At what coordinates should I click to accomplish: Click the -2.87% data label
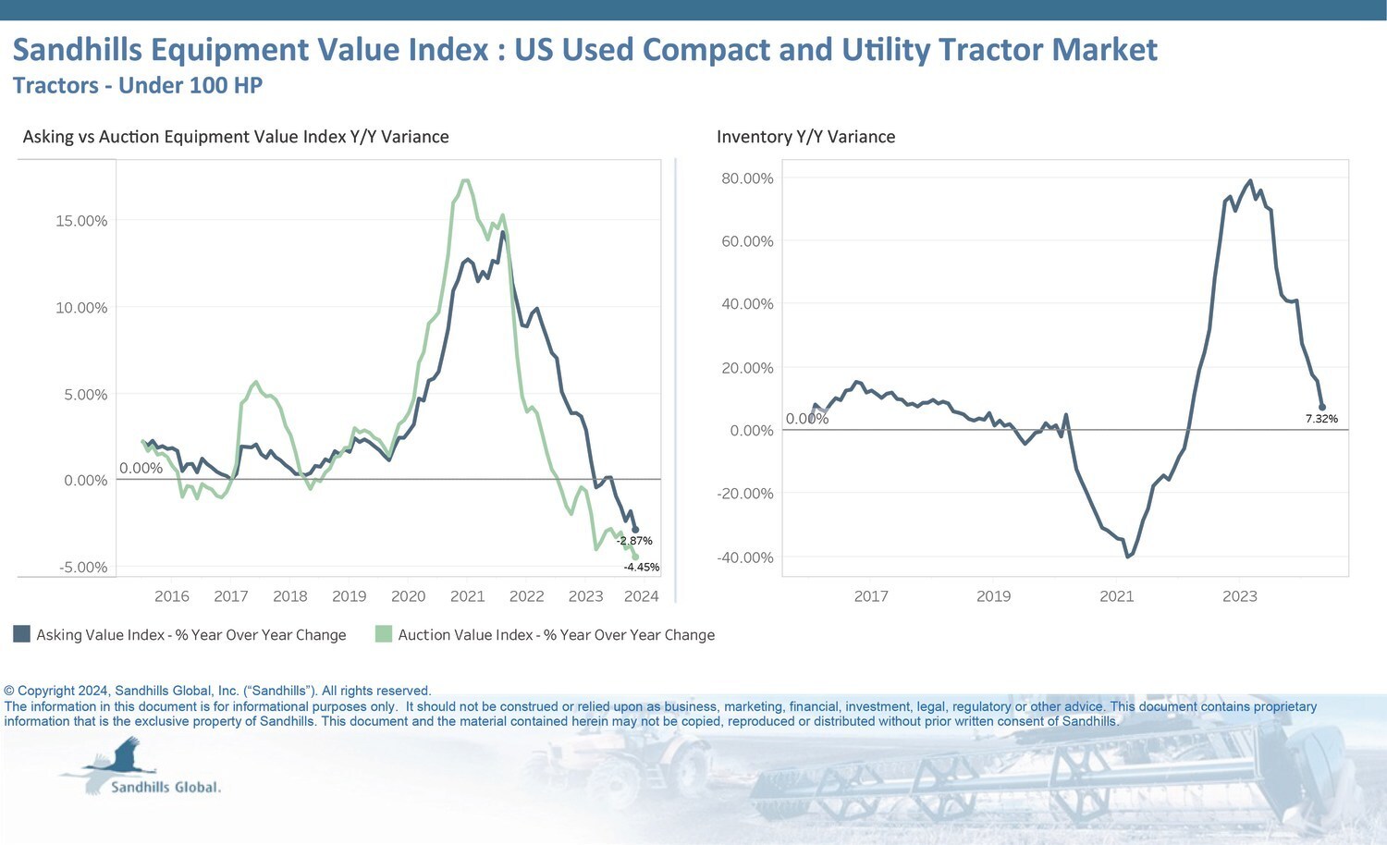(x=635, y=541)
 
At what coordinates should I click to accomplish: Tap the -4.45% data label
(x=642, y=567)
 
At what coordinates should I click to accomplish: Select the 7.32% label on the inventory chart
(x=1321, y=419)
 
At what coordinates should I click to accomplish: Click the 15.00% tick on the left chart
(x=81, y=221)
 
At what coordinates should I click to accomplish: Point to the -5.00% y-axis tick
(x=83, y=567)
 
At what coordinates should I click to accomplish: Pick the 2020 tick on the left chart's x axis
(x=408, y=596)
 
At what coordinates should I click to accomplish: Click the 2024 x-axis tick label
(x=641, y=596)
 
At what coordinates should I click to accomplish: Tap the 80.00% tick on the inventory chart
(x=747, y=178)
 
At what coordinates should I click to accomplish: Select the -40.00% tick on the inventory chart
(x=745, y=557)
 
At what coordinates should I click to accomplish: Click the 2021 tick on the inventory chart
(x=1116, y=596)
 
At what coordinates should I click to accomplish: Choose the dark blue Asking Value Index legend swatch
(x=22, y=634)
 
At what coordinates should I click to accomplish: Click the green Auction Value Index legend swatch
(x=384, y=634)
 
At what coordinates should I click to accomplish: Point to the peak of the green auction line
(x=465, y=180)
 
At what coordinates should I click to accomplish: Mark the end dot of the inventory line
(x=1322, y=407)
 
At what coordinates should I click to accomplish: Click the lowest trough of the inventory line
(x=1128, y=557)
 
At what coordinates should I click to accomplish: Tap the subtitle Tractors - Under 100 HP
(x=138, y=86)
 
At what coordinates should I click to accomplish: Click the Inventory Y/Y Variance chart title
(x=805, y=137)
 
